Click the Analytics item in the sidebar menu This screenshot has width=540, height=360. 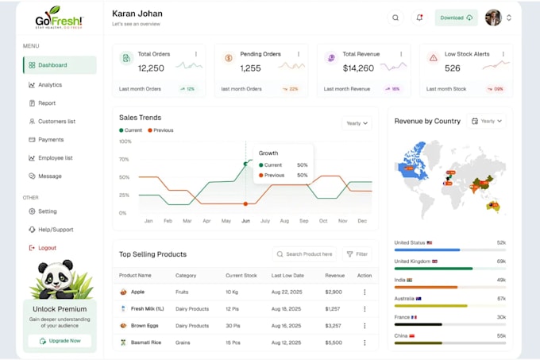pyautogui.click(x=50, y=84)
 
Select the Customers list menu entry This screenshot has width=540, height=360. pyautogui.click(x=56, y=122)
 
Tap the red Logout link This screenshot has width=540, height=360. pyautogui.click(x=47, y=248)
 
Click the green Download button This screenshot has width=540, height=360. pyautogui.click(x=456, y=17)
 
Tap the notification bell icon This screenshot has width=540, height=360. pyautogui.click(x=419, y=17)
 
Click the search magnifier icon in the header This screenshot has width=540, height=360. pyautogui.click(x=395, y=17)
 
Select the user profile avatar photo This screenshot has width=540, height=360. pyautogui.click(x=493, y=17)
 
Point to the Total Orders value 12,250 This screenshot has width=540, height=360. pyautogui.click(x=151, y=68)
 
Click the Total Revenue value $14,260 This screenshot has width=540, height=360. pyautogui.click(x=358, y=68)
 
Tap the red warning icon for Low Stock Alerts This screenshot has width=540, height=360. pyautogui.click(x=433, y=58)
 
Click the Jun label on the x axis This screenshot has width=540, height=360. pyautogui.click(x=245, y=221)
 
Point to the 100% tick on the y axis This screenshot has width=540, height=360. pyautogui.click(x=125, y=141)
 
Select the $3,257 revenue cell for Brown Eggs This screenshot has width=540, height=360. pyautogui.click(x=334, y=326)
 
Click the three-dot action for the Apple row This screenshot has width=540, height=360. pyautogui.click(x=364, y=292)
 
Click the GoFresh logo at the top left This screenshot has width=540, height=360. pyautogui.click(x=59, y=17)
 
